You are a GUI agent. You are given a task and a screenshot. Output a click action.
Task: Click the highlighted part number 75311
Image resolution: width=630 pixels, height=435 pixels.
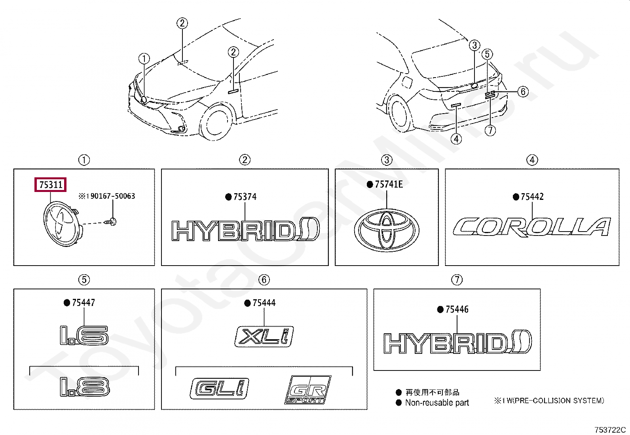coord(51,185)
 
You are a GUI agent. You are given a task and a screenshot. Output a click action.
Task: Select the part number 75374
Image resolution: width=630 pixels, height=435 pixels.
coord(245,197)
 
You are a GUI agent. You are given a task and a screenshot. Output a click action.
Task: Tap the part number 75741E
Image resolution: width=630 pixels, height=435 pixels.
coord(389,184)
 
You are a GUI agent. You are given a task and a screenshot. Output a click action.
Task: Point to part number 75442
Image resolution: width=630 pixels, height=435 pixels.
coord(532,197)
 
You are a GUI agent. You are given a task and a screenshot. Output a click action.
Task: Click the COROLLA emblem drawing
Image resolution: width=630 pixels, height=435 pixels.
coord(531,227)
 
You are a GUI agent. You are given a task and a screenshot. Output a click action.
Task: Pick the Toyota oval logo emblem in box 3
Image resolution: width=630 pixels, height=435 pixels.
coord(387,231)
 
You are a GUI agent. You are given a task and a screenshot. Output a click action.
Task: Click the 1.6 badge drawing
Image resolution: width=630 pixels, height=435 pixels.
coord(84,335)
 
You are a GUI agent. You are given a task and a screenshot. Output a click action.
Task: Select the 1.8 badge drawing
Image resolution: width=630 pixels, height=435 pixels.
coord(84,386)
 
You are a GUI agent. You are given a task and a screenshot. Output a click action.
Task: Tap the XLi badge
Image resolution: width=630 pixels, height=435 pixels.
coord(264,337)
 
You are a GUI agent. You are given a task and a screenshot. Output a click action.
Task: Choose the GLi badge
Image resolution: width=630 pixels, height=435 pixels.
coord(220,388)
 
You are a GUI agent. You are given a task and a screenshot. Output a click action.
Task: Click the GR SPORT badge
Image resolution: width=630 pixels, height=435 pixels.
coord(308,389)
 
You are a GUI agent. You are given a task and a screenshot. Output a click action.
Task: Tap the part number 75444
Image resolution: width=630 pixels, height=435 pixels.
coord(264,303)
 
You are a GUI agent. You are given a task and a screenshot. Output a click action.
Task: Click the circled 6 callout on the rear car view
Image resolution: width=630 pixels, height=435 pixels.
coord(523,92)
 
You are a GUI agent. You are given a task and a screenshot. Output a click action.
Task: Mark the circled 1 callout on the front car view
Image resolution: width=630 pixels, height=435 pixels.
coord(144,59)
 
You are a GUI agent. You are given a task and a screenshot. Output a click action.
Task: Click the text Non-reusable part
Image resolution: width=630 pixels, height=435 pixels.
coord(437,403)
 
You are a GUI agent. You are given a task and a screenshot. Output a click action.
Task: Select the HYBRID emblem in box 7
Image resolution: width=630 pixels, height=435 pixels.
coord(457,343)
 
